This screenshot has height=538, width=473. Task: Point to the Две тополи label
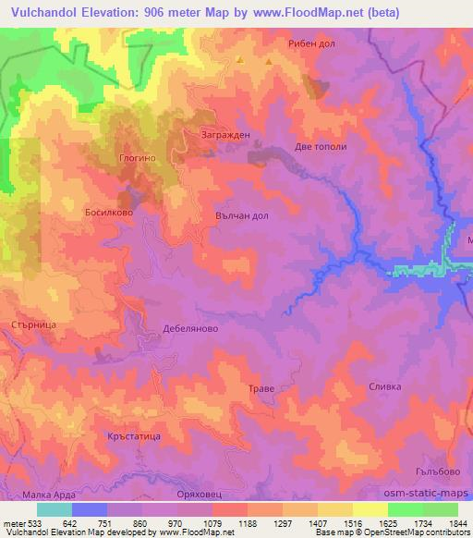pyautogui.click(x=320, y=146)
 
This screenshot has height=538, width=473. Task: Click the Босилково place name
pyautogui.click(x=110, y=212)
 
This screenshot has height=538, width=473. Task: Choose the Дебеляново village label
pyautogui.click(x=188, y=327)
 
